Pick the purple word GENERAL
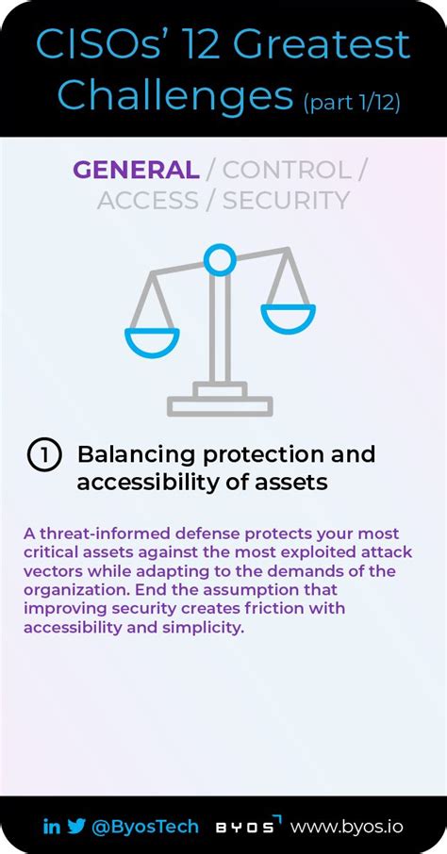coord(136,170)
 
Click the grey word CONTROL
coord(286,170)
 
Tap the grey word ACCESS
coord(148,200)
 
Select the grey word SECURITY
coord(286,200)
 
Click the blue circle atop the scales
coord(220,258)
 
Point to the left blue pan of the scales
coord(152,341)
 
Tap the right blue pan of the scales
coord(288,318)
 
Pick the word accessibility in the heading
coord(138,483)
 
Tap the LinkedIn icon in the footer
coord(51,826)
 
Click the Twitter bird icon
coord(75,826)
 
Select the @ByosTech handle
coord(145,826)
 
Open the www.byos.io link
coord(346,826)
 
